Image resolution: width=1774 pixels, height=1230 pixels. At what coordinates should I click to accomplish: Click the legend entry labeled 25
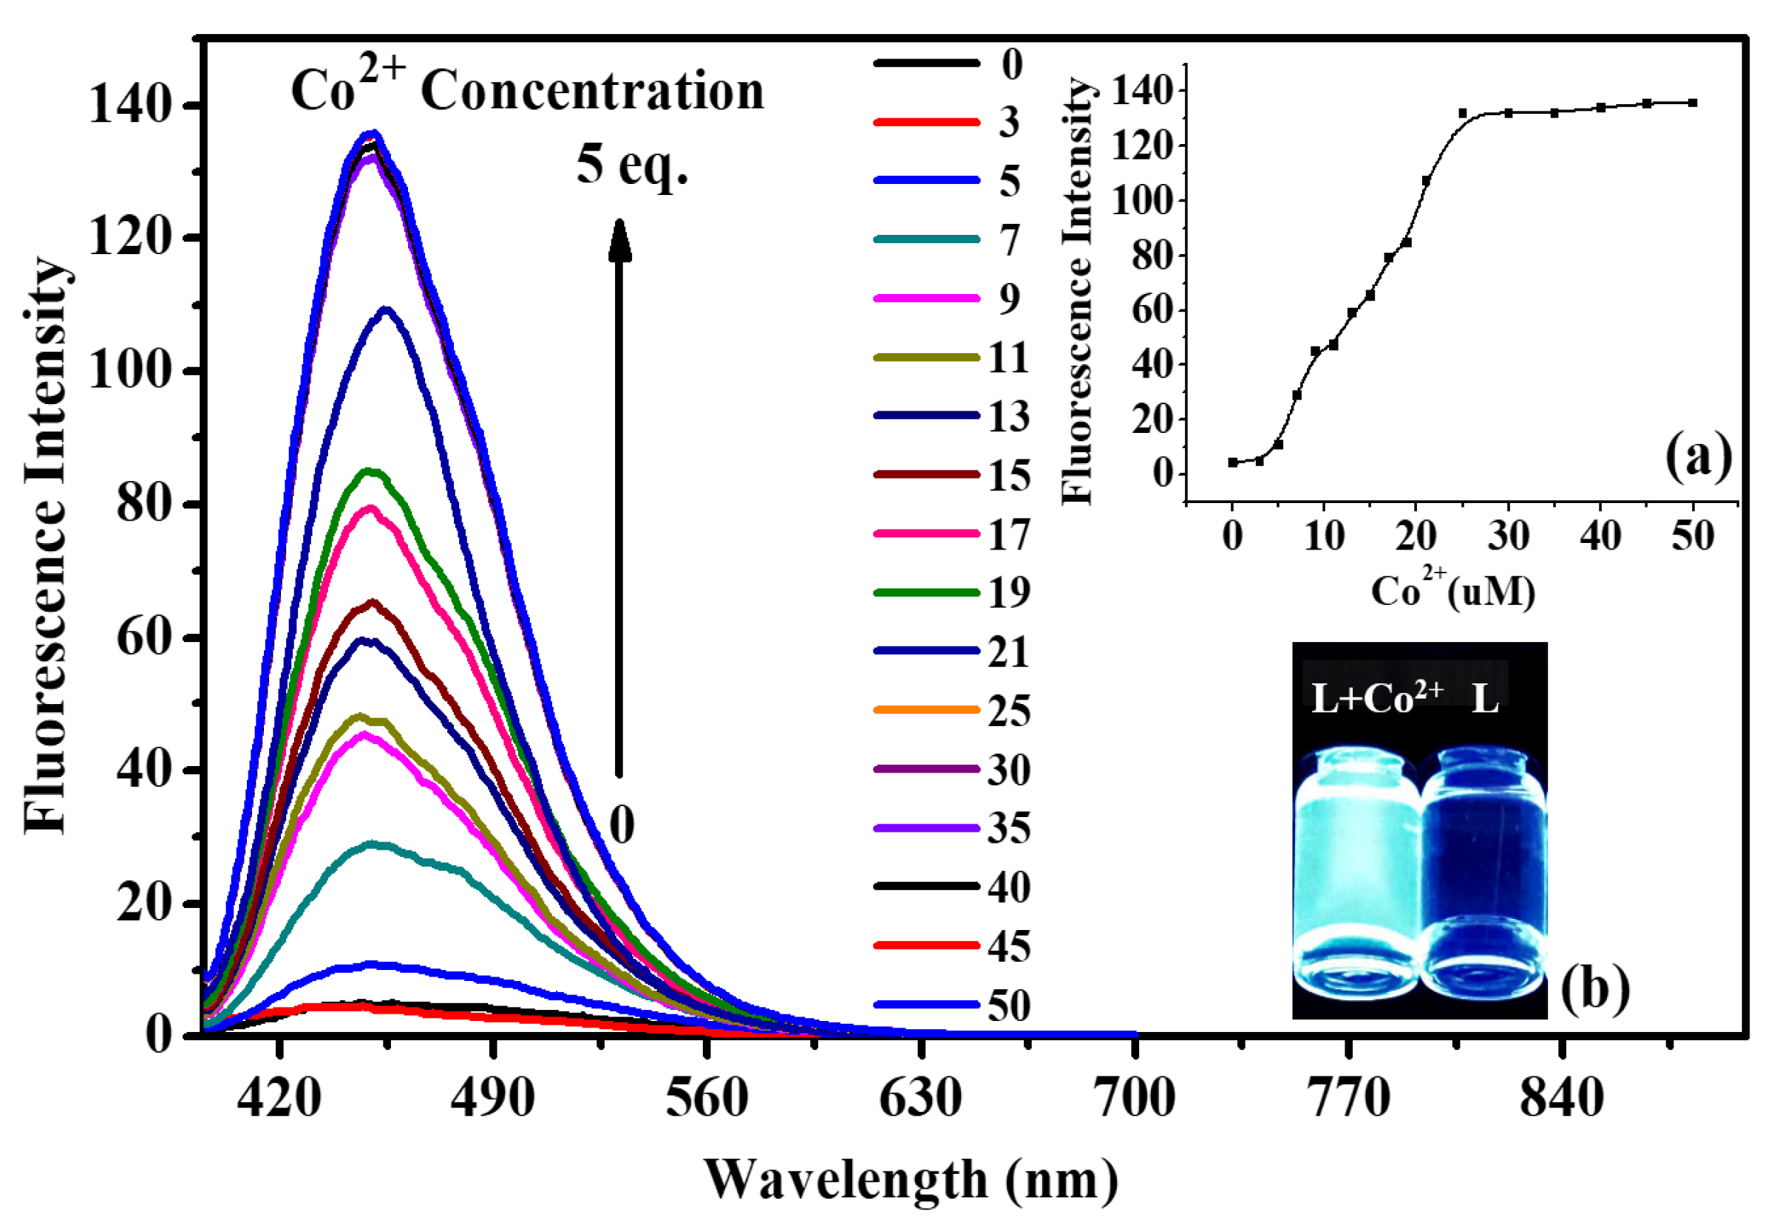pos(952,711)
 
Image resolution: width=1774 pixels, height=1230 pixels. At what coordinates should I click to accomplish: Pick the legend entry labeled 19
pos(952,592)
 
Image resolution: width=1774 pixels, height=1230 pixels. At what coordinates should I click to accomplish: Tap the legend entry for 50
pos(952,1005)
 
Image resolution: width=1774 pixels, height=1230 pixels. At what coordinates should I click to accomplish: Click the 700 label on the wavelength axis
pos(1135,1098)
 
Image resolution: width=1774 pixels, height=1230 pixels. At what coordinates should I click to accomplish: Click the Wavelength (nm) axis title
pos(911,1179)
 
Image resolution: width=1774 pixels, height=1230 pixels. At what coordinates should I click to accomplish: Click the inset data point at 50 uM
pos(1693,103)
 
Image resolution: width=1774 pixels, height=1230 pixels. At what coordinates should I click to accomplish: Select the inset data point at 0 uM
pos(1233,462)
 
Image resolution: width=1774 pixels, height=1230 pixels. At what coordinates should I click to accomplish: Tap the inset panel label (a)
pos(1699,457)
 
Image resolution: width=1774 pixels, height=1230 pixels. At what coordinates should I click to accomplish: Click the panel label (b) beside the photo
pos(1594,988)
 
